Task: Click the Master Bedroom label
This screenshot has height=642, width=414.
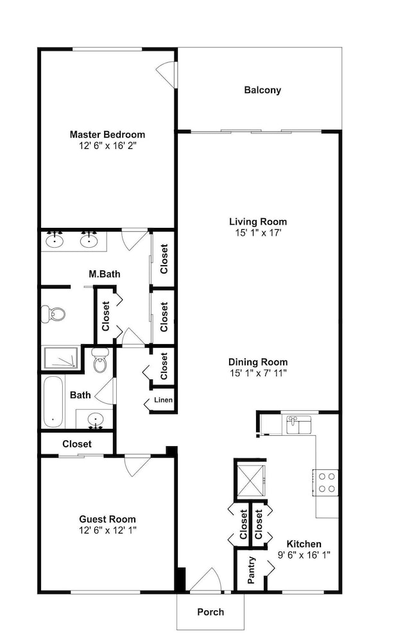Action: point(107,134)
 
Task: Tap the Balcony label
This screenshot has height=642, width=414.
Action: point(263,90)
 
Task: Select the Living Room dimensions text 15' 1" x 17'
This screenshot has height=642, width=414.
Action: point(258,233)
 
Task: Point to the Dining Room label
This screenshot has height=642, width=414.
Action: point(258,362)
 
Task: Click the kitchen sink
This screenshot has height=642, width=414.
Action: point(298,424)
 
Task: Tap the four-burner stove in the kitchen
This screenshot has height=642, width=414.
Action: point(327,482)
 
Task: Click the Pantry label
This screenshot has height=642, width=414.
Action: point(252,570)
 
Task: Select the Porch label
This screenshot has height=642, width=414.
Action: point(211,612)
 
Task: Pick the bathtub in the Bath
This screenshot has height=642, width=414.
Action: point(53,402)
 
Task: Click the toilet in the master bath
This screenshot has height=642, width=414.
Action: point(53,314)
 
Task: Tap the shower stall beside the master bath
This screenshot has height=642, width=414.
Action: point(60,359)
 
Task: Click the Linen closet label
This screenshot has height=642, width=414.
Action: point(164,400)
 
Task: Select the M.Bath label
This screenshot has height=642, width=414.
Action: point(105,274)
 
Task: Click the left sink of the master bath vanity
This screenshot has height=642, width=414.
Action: point(54,240)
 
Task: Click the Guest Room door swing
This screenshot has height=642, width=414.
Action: point(138,465)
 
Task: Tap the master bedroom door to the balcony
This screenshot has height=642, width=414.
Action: point(167,74)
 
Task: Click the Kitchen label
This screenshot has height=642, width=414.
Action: point(304,544)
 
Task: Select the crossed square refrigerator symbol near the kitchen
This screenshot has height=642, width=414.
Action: point(250,479)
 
